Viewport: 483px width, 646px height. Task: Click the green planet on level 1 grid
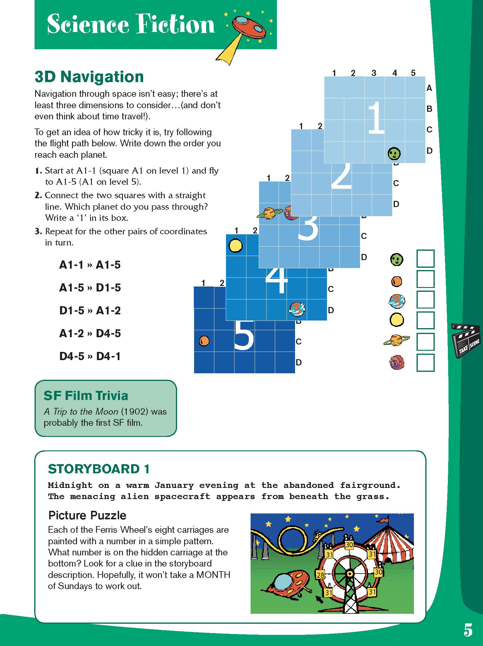pyautogui.click(x=394, y=153)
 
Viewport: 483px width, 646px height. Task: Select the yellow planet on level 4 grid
pyautogui.click(x=235, y=246)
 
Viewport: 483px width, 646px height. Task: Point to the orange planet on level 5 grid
pyautogui.click(x=204, y=341)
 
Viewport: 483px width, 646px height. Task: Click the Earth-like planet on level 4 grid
pyautogui.click(x=297, y=309)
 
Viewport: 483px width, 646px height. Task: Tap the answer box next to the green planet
pyautogui.click(x=425, y=259)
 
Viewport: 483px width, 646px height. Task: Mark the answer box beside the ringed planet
pyautogui.click(x=425, y=342)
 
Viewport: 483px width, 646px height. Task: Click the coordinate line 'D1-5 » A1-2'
pyautogui.click(x=90, y=311)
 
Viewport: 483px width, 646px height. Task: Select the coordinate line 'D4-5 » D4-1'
pyautogui.click(x=90, y=356)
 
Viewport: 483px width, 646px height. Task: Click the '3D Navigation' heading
pyautogui.click(x=89, y=77)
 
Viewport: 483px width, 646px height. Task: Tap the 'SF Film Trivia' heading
pyautogui.click(x=86, y=396)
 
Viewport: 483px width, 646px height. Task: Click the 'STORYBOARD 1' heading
pyautogui.click(x=99, y=469)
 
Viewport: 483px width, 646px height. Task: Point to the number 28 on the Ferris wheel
pyautogui.click(x=320, y=574)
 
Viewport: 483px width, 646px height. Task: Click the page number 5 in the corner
pyautogui.click(x=468, y=629)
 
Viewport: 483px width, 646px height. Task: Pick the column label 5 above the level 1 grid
pyautogui.click(x=413, y=73)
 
